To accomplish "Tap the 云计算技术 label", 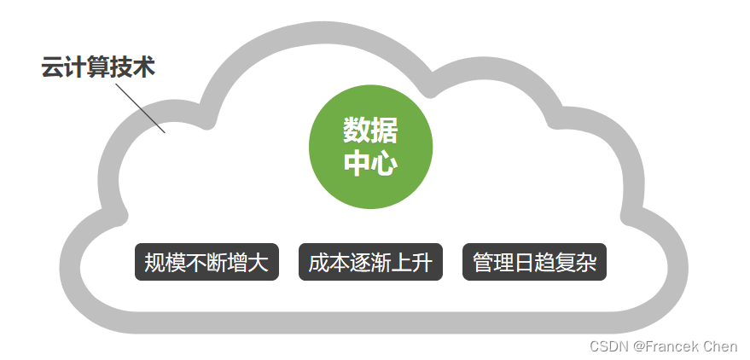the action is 99,68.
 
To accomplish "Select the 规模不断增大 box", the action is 206,263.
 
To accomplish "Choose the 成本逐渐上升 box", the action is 370,263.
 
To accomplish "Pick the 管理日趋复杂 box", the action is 534,263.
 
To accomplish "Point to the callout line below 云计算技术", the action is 141,107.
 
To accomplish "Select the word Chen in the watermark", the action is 722,346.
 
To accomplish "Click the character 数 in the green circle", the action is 357,131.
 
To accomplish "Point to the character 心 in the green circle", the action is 384,163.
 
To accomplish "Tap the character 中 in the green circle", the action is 357,163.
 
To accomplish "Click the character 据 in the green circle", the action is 384,131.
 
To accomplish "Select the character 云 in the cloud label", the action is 53,68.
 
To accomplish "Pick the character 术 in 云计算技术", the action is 144,68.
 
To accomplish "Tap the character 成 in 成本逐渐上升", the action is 318,263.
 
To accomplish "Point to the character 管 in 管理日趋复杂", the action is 483,263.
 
